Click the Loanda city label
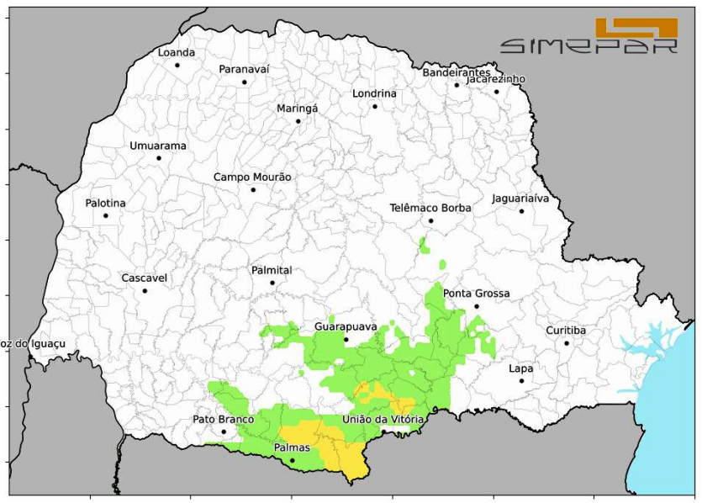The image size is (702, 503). point(177,52)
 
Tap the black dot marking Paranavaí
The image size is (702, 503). point(245,82)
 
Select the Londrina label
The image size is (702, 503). point(374,93)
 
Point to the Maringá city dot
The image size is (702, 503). point(298,121)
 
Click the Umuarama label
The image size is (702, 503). point(158,146)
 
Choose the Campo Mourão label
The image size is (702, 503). point(252,177)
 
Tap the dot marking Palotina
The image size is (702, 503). point(106,216)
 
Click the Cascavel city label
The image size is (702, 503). point(145,278)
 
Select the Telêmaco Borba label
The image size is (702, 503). point(430,208)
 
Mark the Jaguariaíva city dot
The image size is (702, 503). point(521,211)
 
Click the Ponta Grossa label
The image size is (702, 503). point(477,294)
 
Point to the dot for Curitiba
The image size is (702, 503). point(567,343)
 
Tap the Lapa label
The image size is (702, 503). point(521,368)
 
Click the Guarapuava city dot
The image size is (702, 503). point(346,340)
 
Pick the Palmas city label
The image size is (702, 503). point(292,447)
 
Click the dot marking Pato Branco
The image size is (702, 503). point(224,432)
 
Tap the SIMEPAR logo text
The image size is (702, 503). point(589,45)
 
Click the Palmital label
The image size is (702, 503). point(272,270)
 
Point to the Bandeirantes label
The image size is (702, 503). point(457,73)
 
